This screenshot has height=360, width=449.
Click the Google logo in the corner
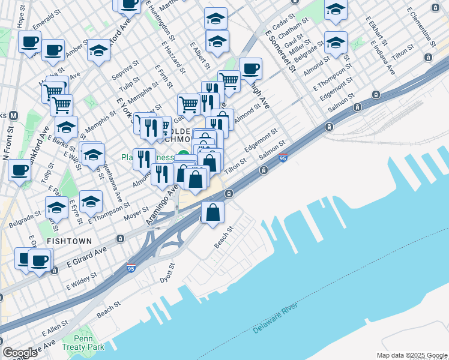pos(20,353)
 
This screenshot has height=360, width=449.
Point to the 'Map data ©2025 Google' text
pos(411,355)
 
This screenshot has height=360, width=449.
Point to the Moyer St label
pos(136,211)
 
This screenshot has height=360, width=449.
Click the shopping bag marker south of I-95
pos(213,212)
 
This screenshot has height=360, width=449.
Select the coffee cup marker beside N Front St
pos(19,170)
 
